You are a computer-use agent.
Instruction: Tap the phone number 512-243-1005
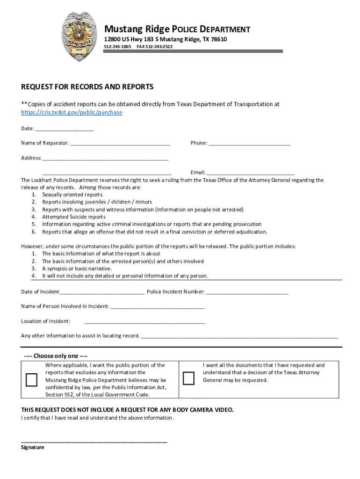point(117,47)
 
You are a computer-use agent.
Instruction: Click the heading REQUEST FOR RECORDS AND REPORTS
point(87,87)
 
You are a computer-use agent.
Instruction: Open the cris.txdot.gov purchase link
point(72,113)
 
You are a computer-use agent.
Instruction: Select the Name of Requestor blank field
point(120,144)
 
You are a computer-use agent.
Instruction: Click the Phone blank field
point(250,144)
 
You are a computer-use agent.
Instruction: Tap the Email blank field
point(251,173)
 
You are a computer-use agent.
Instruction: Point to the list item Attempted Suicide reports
point(74,217)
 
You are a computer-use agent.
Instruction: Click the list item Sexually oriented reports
point(72,195)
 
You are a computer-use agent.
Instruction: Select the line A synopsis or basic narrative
point(77,269)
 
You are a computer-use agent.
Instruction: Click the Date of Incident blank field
point(102,292)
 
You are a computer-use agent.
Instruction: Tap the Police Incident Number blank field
point(247,292)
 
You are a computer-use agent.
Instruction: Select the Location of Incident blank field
point(145,322)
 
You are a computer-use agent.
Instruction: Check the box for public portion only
point(31,379)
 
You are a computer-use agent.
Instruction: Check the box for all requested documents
point(188,378)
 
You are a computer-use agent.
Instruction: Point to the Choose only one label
point(56,356)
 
